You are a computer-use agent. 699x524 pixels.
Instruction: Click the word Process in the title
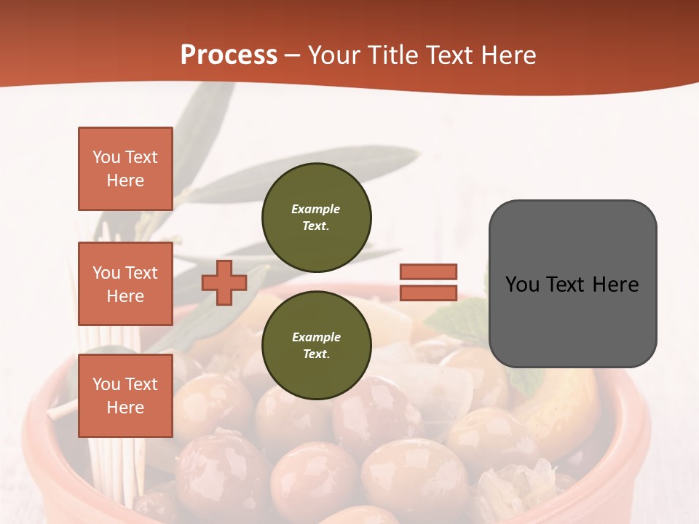click(229, 55)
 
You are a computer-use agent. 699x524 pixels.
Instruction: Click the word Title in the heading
click(391, 55)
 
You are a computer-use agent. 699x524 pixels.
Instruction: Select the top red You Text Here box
click(125, 169)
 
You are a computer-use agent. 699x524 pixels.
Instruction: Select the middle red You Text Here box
click(125, 284)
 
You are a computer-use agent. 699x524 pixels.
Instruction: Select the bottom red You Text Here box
click(125, 396)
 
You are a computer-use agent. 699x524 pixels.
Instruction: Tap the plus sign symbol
click(224, 282)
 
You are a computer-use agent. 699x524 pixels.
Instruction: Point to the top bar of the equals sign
click(428, 271)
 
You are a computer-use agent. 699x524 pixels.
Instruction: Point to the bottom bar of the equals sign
click(428, 293)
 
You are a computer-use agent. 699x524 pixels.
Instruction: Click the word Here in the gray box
click(616, 285)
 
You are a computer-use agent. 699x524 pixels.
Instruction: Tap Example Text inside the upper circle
click(316, 217)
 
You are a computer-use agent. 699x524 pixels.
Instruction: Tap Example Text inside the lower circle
click(316, 345)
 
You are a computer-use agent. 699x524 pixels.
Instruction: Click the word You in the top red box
click(106, 157)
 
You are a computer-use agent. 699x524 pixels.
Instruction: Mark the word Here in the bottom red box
click(125, 408)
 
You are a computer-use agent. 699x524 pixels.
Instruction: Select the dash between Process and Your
click(293, 55)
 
